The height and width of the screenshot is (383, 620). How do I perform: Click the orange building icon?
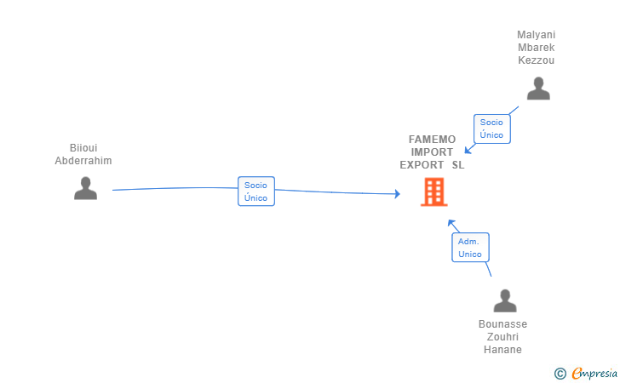(x=433, y=191)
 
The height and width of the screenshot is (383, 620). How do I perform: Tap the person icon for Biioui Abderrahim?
(x=85, y=188)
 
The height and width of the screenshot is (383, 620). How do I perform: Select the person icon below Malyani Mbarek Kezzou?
(x=538, y=89)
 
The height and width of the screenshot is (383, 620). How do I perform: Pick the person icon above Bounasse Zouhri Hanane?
(x=505, y=300)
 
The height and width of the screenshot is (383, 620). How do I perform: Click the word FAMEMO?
(x=433, y=140)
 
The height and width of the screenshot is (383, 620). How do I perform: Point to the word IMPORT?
(x=433, y=152)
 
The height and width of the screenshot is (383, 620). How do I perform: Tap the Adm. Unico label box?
(x=470, y=248)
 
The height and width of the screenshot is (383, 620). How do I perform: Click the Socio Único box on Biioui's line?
(x=256, y=191)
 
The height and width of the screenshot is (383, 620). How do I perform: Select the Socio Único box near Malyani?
(x=491, y=129)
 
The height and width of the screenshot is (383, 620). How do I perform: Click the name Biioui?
(x=83, y=148)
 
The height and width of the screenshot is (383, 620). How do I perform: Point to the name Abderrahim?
(x=83, y=161)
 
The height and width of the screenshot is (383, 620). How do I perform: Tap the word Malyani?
(x=537, y=35)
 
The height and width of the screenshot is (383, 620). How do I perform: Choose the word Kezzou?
(x=537, y=60)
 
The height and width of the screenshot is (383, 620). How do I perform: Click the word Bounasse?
(x=502, y=324)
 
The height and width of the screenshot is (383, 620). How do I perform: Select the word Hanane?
(x=502, y=350)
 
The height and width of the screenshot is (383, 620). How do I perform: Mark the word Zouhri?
(x=502, y=337)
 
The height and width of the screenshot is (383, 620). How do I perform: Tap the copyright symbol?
(x=560, y=373)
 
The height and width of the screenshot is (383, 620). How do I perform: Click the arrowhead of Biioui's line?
(x=396, y=194)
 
